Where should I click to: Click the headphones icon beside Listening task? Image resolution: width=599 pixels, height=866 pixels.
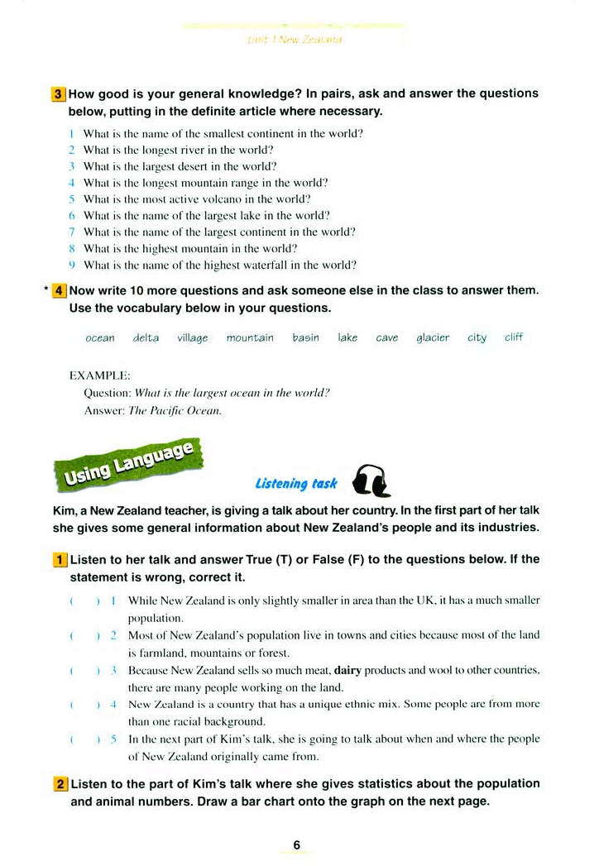pos(370,481)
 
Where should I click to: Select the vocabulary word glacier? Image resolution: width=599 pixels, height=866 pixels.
pos(433,337)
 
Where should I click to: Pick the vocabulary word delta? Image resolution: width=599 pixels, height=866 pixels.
pos(146,337)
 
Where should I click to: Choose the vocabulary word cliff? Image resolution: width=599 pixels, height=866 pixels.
pos(514,337)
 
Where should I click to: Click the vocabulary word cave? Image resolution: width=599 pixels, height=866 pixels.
pos(386,337)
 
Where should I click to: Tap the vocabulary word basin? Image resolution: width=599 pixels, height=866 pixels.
pos(305,337)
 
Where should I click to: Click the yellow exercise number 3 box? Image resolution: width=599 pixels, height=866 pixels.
pos(59,94)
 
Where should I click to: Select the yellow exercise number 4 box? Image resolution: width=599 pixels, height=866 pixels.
pos(60,290)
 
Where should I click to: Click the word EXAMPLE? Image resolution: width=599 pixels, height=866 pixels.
pos(100,376)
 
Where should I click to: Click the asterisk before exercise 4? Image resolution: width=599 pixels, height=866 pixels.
pos(42,292)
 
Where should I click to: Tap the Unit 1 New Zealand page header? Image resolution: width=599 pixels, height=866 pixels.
pos(295,40)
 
